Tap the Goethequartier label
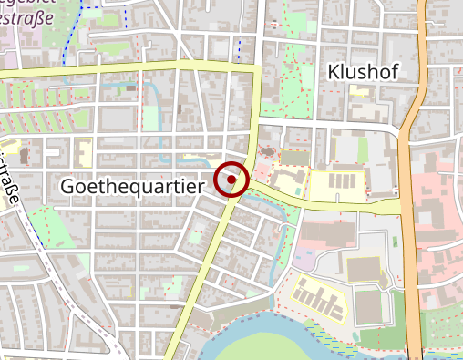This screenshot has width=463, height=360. (x=133, y=185)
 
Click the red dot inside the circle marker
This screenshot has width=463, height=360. (x=232, y=180)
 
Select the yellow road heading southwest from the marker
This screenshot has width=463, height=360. (x=205, y=273)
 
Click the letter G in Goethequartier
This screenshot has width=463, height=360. (x=67, y=185)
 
